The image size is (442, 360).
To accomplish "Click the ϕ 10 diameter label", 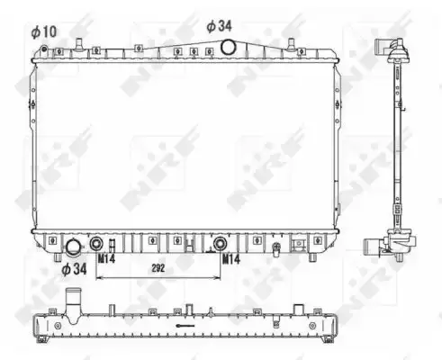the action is coord(44,31).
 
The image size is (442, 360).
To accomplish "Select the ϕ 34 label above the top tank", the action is coord(220,26).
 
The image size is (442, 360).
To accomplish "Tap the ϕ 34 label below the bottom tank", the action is coord(74,269).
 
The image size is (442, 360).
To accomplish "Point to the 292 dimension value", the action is coord(158,268).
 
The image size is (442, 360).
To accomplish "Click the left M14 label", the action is coord(106,259).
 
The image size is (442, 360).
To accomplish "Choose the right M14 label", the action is coord(230,259).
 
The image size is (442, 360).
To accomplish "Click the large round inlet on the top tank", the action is coord(228,47).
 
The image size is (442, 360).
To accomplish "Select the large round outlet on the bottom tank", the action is coord(74,247).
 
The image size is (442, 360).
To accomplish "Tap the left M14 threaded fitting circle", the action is coord(96,243).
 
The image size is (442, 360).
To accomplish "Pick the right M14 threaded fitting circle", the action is coord(220,243).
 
